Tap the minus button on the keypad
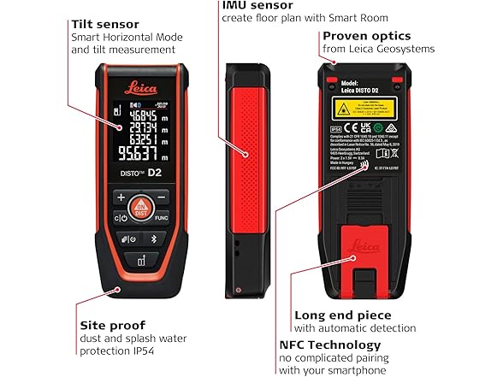coord(162,197)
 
